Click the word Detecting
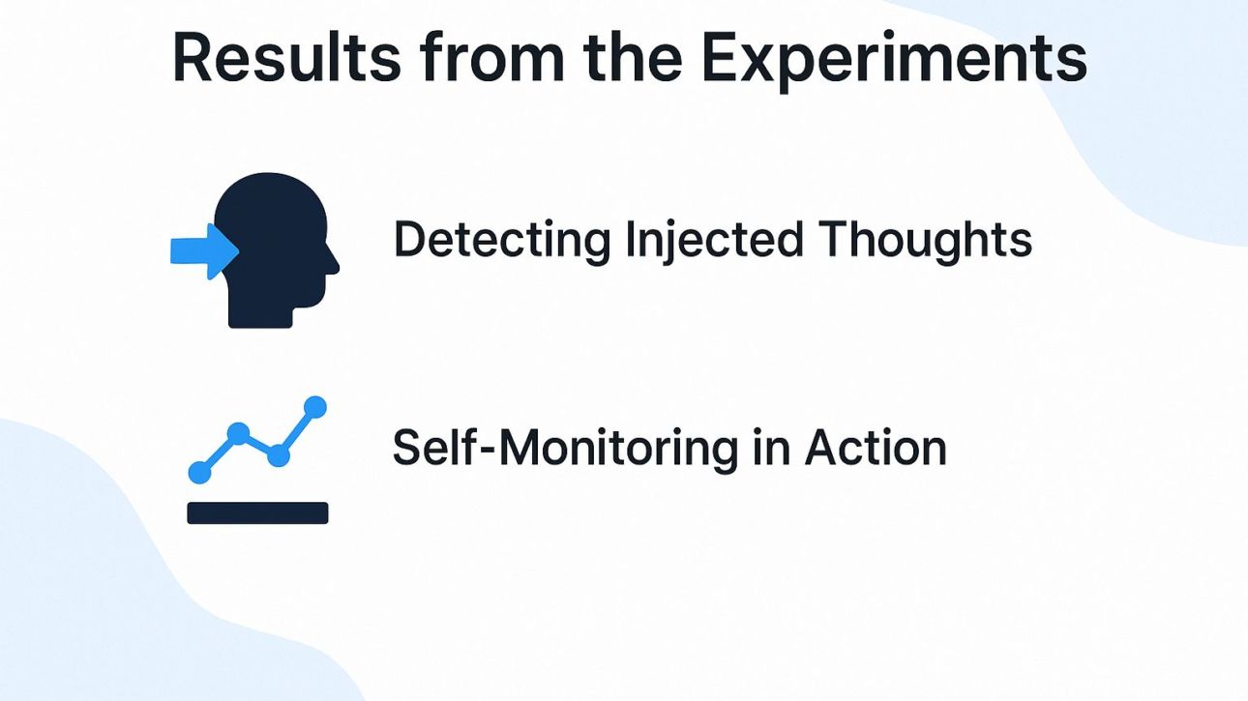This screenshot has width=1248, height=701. (x=501, y=240)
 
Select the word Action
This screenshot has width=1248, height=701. (x=876, y=448)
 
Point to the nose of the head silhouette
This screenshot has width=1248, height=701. (x=334, y=264)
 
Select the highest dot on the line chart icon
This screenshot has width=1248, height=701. (x=315, y=407)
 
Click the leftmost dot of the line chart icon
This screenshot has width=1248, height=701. (x=199, y=472)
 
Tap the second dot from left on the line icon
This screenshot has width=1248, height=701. (x=238, y=433)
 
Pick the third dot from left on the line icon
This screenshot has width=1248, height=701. (x=279, y=455)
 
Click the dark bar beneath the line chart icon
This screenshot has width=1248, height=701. (x=257, y=512)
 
